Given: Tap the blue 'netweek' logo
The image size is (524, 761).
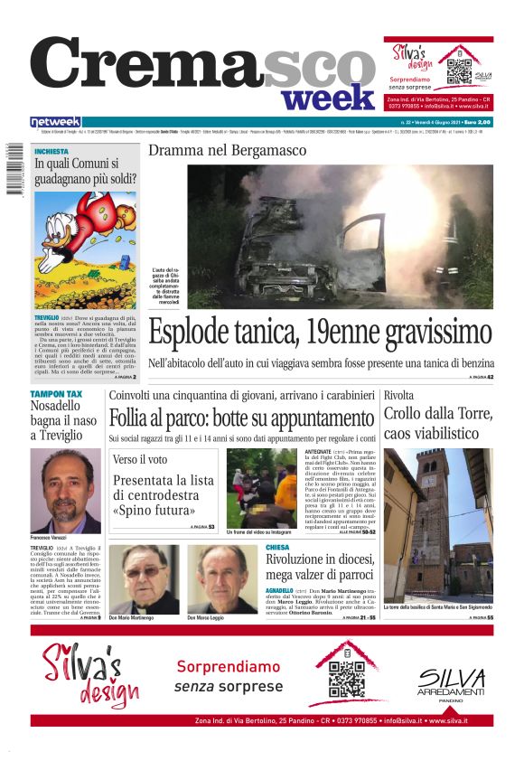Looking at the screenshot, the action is (55, 122).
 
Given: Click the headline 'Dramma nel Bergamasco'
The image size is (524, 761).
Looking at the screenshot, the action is (227, 150).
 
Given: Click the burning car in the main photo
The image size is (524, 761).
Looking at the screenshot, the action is (307, 240).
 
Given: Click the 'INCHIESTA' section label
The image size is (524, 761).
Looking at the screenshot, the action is (51, 152).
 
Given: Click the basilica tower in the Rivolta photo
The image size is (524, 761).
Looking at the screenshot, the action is (434, 515).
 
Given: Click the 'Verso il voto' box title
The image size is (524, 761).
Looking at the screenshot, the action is (140, 460).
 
